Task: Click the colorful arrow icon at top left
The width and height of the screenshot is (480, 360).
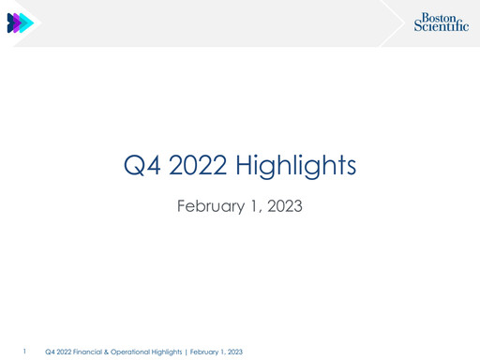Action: (x=20, y=23)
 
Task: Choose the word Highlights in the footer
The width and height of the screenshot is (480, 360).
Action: (x=165, y=352)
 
